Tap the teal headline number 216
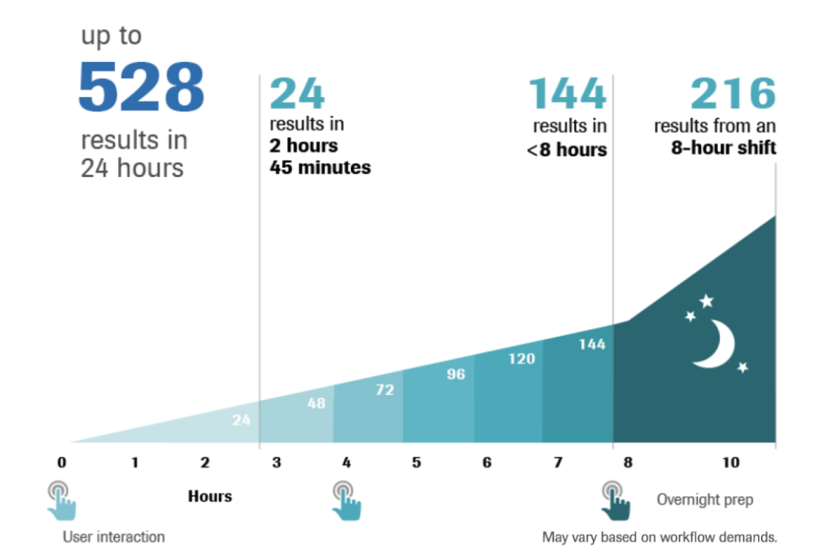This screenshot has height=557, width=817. point(733,95)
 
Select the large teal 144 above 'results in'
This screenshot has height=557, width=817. point(567,95)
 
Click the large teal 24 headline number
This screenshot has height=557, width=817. point(297,95)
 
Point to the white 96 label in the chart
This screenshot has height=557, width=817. point(455,374)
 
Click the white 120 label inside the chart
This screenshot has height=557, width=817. point(521,359)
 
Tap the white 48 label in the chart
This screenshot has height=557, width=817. point(316,403)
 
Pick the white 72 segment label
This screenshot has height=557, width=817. point(384,391)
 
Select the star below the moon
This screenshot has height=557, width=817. point(743,367)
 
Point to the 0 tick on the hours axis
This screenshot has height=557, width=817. point(61,462)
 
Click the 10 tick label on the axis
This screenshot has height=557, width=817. point(731,462)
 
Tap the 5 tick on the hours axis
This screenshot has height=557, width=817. point(417,462)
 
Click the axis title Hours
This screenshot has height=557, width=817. point(210,496)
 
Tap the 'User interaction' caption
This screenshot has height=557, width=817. point(113,537)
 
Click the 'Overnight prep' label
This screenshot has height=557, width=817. point(704,499)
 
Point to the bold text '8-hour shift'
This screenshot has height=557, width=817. point(723,148)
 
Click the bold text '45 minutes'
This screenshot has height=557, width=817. point(320,167)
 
